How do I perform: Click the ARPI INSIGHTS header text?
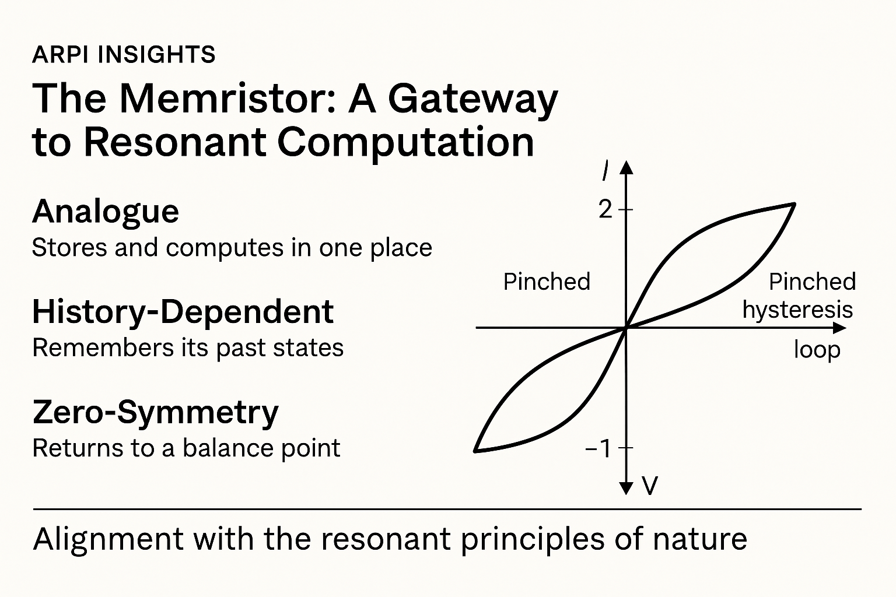[x=124, y=55]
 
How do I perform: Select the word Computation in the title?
[x=405, y=142]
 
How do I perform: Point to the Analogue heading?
[x=106, y=212]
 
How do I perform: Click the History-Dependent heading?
[x=183, y=312]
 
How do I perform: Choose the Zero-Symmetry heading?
[x=156, y=413]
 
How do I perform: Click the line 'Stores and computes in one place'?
[x=232, y=248]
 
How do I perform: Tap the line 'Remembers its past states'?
[x=188, y=348]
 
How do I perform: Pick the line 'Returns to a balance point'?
[x=186, y=448]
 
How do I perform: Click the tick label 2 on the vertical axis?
[x=606, y=209]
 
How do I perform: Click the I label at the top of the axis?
[x=607, y=171]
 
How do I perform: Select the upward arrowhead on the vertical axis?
[x=626, y=168]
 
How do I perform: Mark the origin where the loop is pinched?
[x=626, y=328]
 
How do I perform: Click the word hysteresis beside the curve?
[x=797, y=310]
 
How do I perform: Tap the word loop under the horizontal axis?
[x=817, y=350]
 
